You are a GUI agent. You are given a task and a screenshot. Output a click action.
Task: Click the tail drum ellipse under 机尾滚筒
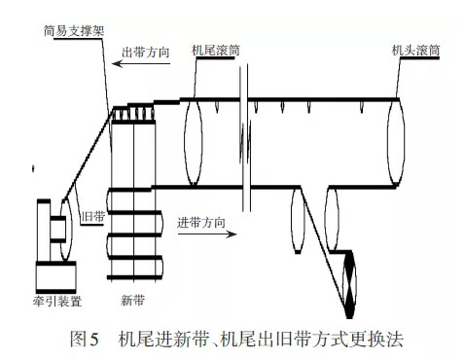(x=193, y=138)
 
